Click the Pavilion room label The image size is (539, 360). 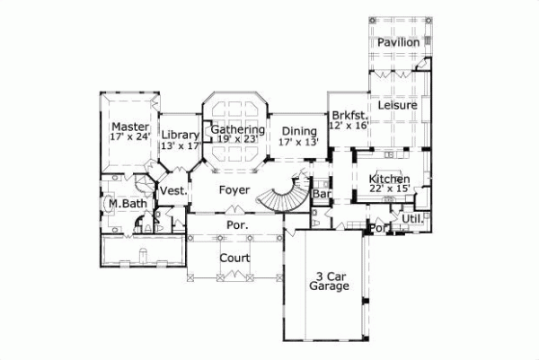point(398,42)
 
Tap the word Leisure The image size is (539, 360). point(396,105)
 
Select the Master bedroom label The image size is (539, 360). point(128,126)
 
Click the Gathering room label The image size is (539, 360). point(238,129)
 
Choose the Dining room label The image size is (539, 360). point(298,130)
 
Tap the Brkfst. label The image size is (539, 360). point(345,116)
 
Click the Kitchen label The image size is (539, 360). point(390,179)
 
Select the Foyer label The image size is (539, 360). point(234,190)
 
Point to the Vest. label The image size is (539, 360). point(173,190)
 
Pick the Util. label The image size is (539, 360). point(412,218)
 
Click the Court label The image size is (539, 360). point(234,257)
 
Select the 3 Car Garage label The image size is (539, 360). point(329,282)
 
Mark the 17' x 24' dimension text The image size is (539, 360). point(128,137)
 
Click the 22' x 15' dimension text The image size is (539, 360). point(390,189)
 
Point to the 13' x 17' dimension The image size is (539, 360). point(180,145)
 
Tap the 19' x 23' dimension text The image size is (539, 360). point(237,139)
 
